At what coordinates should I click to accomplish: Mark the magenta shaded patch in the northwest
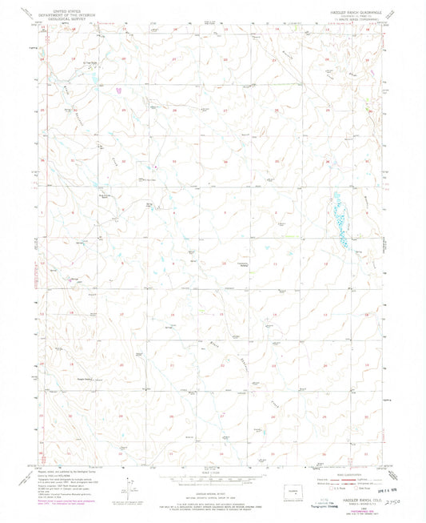point(119,89)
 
